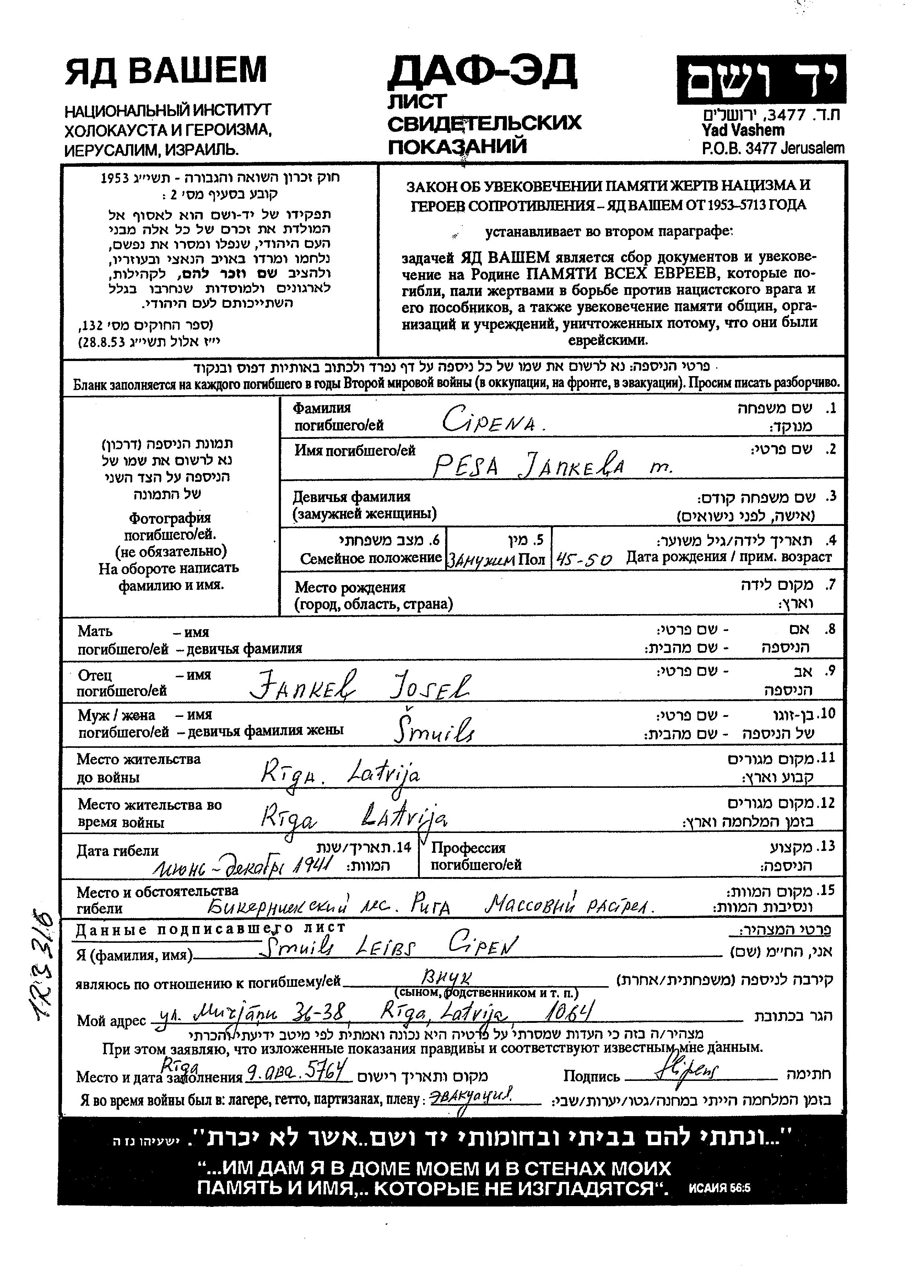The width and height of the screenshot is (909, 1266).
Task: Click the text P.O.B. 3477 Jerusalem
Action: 773,148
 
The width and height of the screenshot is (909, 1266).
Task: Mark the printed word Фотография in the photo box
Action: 170,518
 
